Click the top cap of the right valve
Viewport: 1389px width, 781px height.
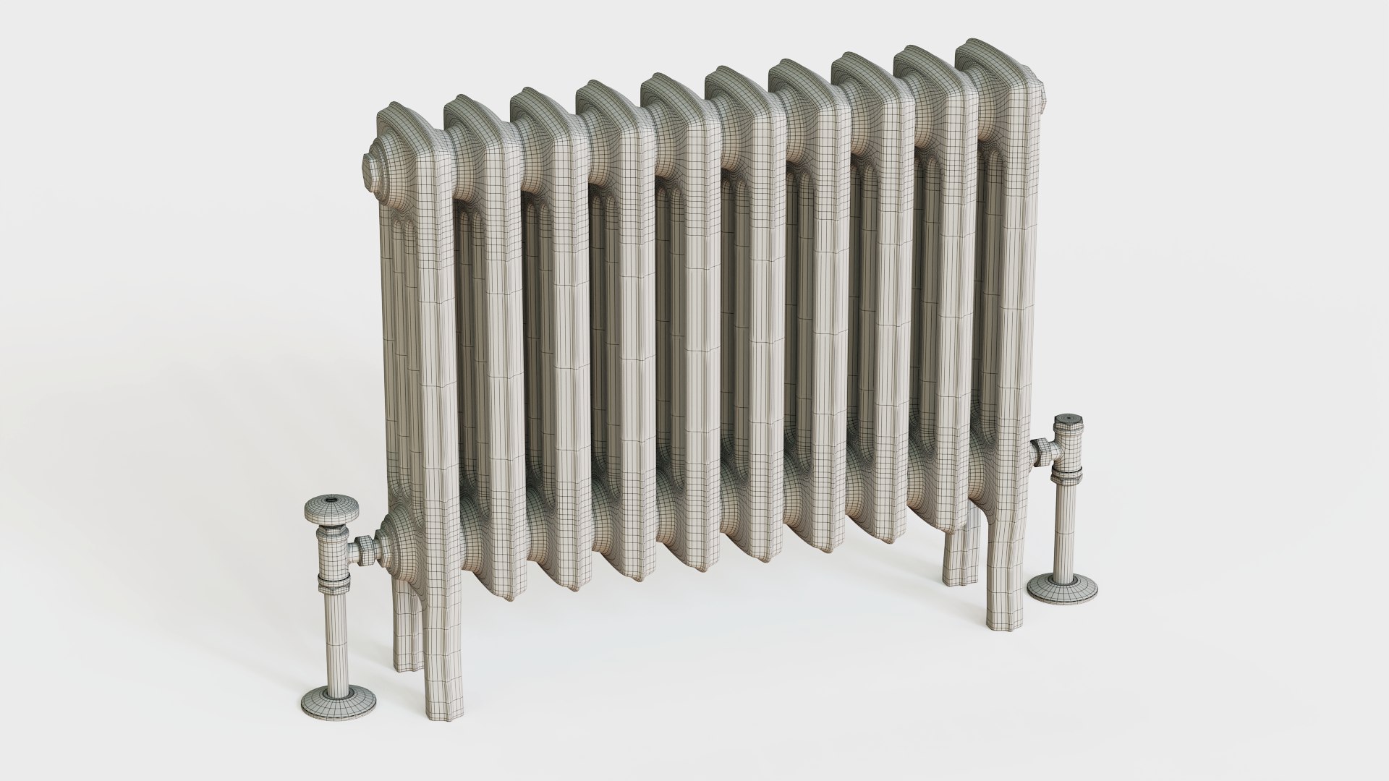(x=1068, y=424)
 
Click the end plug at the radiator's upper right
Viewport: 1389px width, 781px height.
(x=1042, y=95)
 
